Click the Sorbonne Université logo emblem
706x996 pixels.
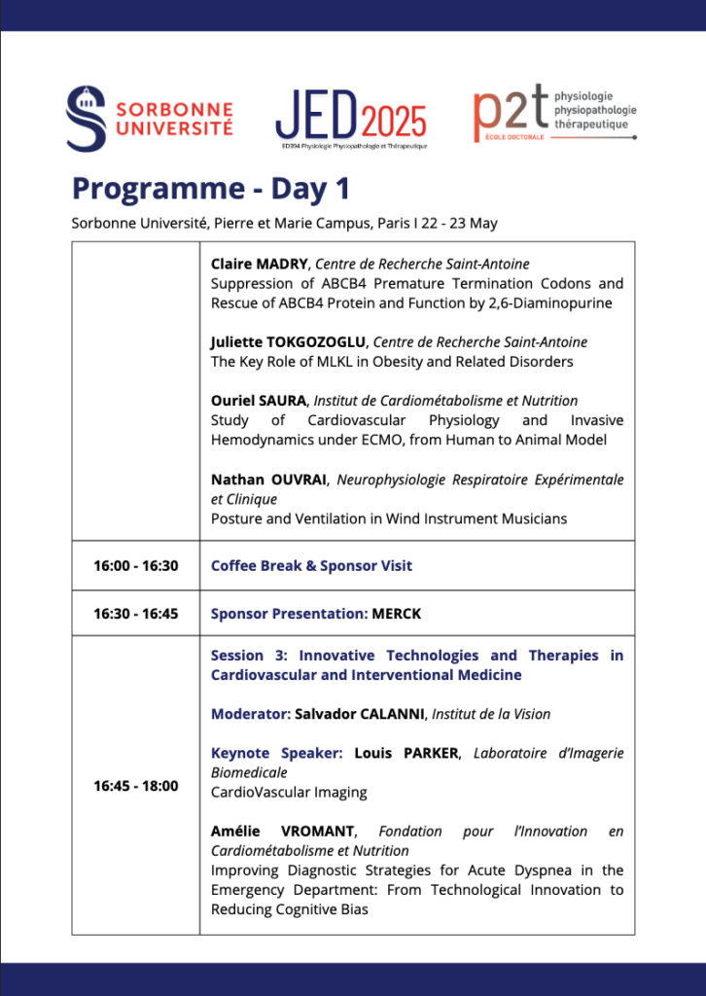[86, 119]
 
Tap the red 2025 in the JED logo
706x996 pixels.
[394, 122]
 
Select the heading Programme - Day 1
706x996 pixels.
[210, 188]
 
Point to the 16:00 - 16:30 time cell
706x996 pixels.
[135, 565]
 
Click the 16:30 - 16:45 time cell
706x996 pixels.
[135, 614]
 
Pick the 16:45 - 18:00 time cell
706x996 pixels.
[135, 786]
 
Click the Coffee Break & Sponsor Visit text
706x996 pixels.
[311, 565]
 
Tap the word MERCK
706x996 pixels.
[397, 614]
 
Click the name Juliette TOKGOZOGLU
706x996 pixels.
[288, 341]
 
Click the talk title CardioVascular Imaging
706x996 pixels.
[289, 792]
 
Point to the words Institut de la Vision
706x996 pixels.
[491, 714]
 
